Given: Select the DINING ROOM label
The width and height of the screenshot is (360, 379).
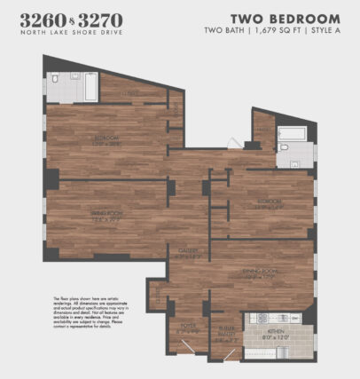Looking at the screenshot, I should [x=262, y=274].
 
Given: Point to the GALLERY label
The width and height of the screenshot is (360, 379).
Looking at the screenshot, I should [x=187, y=252].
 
